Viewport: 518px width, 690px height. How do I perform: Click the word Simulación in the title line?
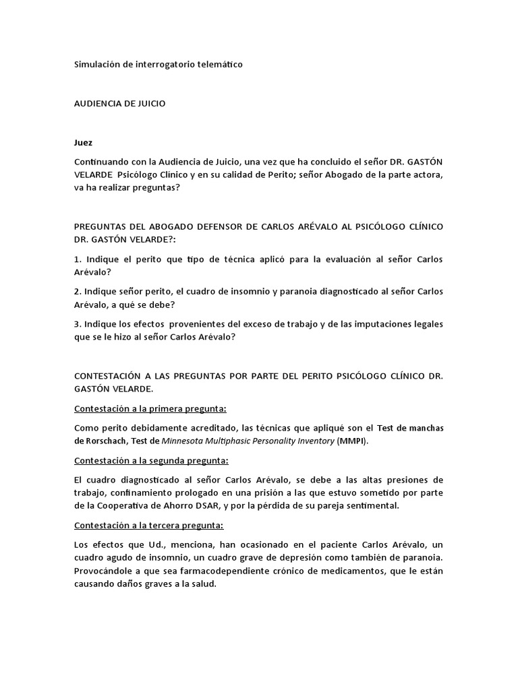click(96, 65)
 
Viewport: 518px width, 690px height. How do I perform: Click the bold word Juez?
click(83, 143)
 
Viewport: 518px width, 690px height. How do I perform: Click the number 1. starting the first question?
click(77, 259)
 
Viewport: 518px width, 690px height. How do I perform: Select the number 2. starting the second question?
click(77, 292)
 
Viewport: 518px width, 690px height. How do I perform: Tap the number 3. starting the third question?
click(77, 324)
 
